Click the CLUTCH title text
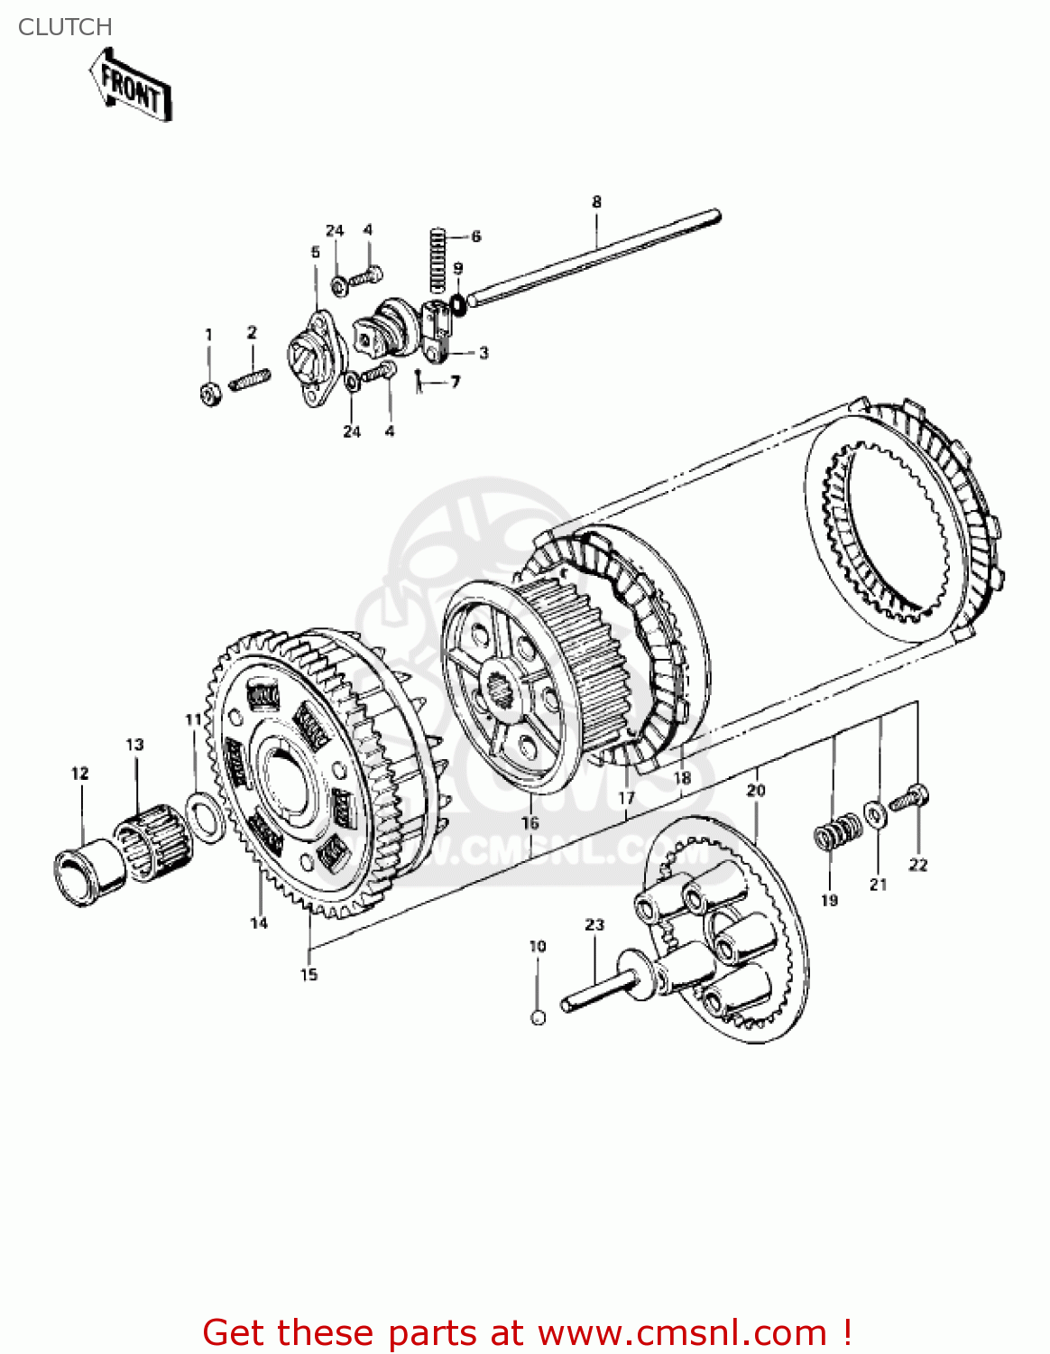pyautogui.click(x=65, y=27)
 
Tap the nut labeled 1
pyautogui.click(x=209, y=394)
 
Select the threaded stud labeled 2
pyautogui.click(x=250, y=379)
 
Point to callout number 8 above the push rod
pyautogui.click(x=596, y=202)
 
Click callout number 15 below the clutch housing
pyautogui.click(x=309, y=974)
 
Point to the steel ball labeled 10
pyautogui.click(x=538, y=1017)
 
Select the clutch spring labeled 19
pyautogui.click(x=838, y=831)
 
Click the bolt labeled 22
pyautogui.click(x=910, y=799)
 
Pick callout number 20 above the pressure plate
pyautogui.click(x=756, y=790)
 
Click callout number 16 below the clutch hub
pyautogui.click(x=530, y=822)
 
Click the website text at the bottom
pyautogui.click(x=527, y=1332)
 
